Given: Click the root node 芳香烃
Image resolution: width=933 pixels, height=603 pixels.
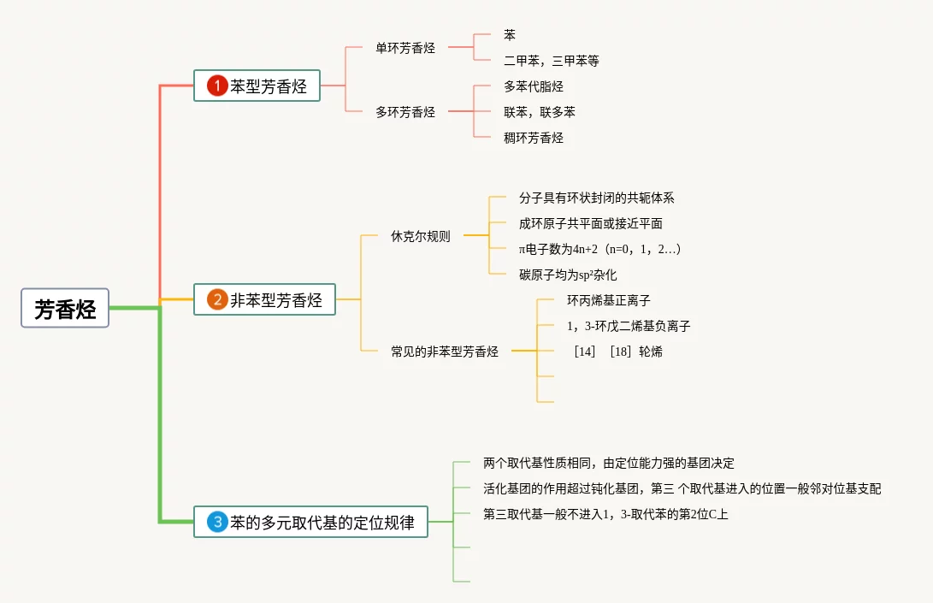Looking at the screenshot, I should [x=65, y=308].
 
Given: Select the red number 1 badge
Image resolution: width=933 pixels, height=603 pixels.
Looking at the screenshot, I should [x=217, y=86].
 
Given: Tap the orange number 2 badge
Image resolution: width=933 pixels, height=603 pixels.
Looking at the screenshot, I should [x=217, y=299].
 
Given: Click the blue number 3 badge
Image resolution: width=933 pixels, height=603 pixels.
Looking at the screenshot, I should [x=217, y=522].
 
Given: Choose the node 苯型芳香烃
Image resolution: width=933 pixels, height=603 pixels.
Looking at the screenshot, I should [x=268, y=86].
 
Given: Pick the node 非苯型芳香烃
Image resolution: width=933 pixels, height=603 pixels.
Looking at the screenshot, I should [x=275, y=299].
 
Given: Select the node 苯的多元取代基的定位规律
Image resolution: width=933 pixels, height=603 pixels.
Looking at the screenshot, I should [x=322, y=522].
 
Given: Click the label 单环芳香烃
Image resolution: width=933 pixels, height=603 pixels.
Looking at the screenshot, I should [x=405, y=48].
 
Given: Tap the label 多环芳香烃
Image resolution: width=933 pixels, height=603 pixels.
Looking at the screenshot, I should [x=405, y=112].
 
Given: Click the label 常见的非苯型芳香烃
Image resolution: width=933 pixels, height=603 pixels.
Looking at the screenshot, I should [x=445, y=352].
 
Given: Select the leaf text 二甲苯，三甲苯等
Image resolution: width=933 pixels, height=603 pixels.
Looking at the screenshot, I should [x=552, y=61].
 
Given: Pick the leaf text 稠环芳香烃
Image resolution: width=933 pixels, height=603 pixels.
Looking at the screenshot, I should [x=534, y=138].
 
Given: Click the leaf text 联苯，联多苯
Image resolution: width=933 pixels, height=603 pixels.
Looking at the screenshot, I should [x=540, y=112].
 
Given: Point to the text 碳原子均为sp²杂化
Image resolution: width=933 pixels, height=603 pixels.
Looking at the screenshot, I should [x=568, y=275].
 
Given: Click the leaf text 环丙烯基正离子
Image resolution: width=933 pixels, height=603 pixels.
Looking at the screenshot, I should [x=608, y=300].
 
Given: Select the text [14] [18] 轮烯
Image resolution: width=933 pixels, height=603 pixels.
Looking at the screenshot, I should [x=618, y=352].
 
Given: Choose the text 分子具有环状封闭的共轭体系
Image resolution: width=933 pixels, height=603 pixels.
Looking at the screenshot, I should [x=596, y=198].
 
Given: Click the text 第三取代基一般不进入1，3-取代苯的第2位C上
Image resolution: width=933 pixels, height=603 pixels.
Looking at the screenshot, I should [x=605, y=514].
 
